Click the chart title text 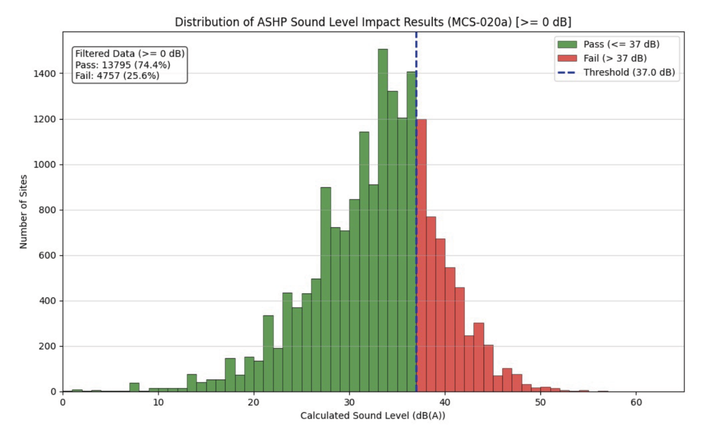(373, 22)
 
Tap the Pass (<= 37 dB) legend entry (621, 44)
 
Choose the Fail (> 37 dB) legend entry (615, 58)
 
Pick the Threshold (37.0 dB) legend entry (629, 72)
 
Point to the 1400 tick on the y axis (45, 74)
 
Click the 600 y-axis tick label (47, 256)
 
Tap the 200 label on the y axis (47, 346)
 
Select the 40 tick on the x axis (445, 402)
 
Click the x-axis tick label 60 (636, 402)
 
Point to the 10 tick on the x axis (158, 402)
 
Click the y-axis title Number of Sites (23, 212)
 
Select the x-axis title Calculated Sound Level (373, 416)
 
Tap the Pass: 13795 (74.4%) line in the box (123, 65)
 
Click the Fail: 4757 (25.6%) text (117, 76)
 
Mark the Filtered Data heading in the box (130, 53)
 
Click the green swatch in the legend (567, 44)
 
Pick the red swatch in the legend (567, 58)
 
